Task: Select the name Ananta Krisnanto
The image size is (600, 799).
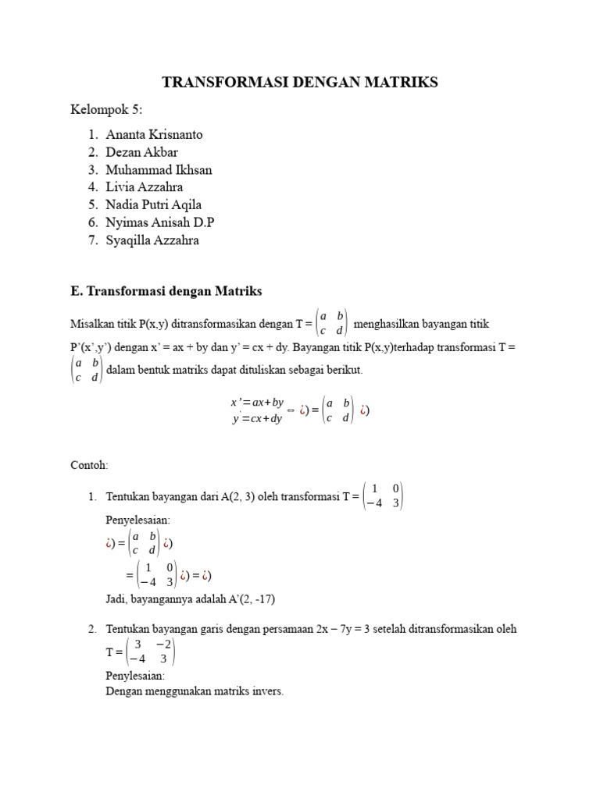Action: coord(154,134)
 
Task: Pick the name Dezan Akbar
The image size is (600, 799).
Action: coord(143,152)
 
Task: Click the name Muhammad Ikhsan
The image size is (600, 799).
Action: coord(159,169)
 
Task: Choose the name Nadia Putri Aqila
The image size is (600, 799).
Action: coord(154,205)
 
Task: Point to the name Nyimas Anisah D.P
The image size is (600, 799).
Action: coord(160,222)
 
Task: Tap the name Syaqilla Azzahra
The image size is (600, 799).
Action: coord(152,240)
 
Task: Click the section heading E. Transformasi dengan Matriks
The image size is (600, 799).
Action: coord(166,291)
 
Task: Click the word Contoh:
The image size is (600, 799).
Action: coord(89,465)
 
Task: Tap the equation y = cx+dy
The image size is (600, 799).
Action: coord(256,419)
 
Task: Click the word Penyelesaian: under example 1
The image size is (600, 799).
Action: coord(138,519)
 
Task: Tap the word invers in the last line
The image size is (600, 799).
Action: coord(267,691)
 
